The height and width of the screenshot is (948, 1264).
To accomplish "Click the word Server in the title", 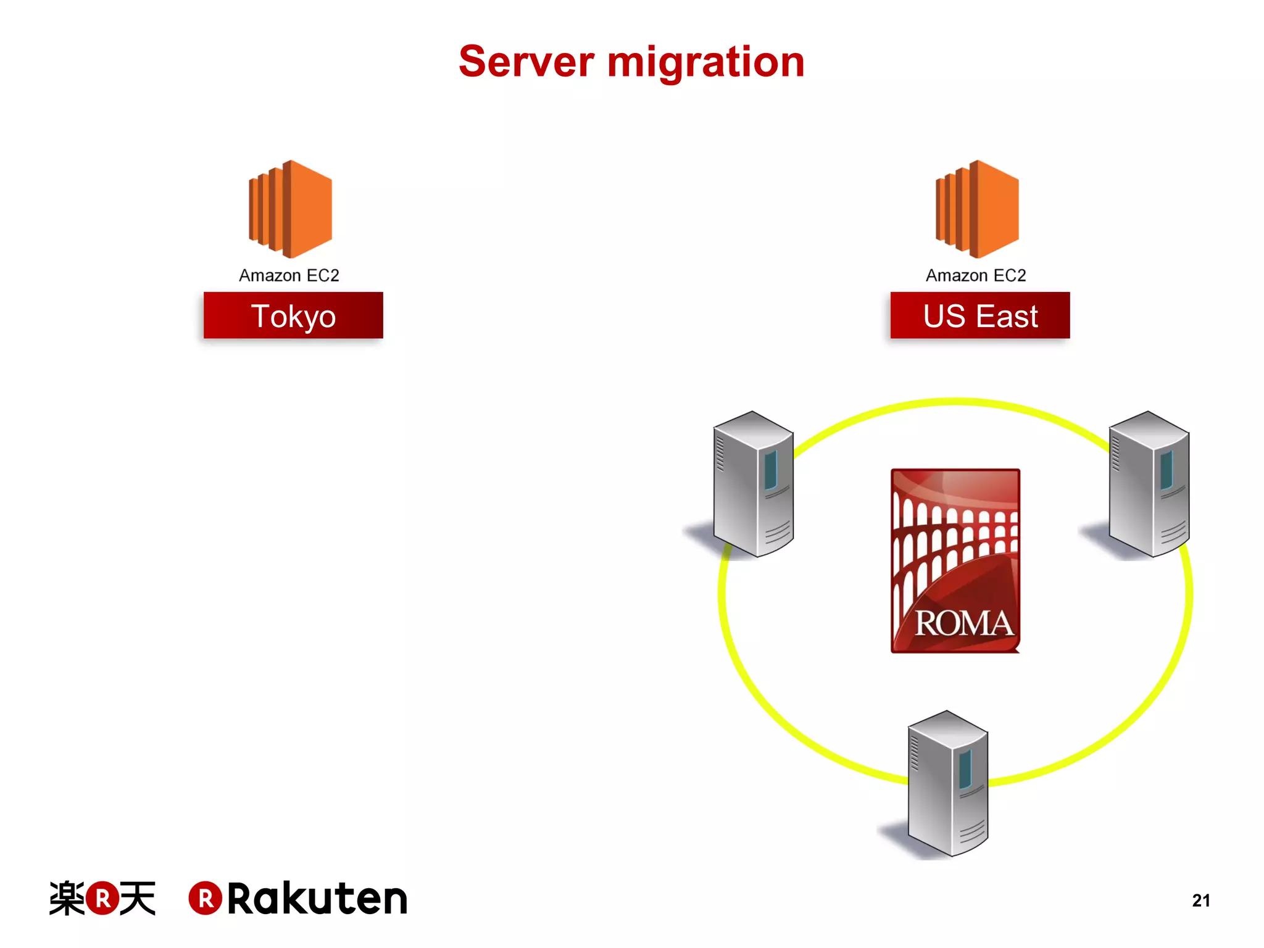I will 526,62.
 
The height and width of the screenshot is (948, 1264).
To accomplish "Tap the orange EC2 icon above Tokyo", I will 290,209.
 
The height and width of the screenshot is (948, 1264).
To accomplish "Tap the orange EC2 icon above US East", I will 977,209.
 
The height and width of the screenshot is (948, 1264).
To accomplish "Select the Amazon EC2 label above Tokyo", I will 289,275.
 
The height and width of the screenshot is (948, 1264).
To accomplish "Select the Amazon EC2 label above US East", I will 976,275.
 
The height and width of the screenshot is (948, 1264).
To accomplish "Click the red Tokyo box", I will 293,315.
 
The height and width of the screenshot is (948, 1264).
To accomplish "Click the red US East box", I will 980,315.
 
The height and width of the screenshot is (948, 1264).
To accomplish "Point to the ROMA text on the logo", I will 963,623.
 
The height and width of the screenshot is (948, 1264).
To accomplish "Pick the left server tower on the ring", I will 753,484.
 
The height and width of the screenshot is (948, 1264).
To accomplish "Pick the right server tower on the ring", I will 1149,484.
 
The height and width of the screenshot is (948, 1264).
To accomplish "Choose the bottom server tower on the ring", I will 948,784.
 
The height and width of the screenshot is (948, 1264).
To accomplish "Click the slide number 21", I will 1200,900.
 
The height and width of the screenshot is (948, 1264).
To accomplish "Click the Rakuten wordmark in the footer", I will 317,899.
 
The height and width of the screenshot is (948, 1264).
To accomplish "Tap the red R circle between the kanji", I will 102,899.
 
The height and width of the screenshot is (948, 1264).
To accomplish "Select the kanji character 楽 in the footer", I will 67,899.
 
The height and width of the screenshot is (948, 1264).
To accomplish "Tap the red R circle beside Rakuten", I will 205,899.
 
